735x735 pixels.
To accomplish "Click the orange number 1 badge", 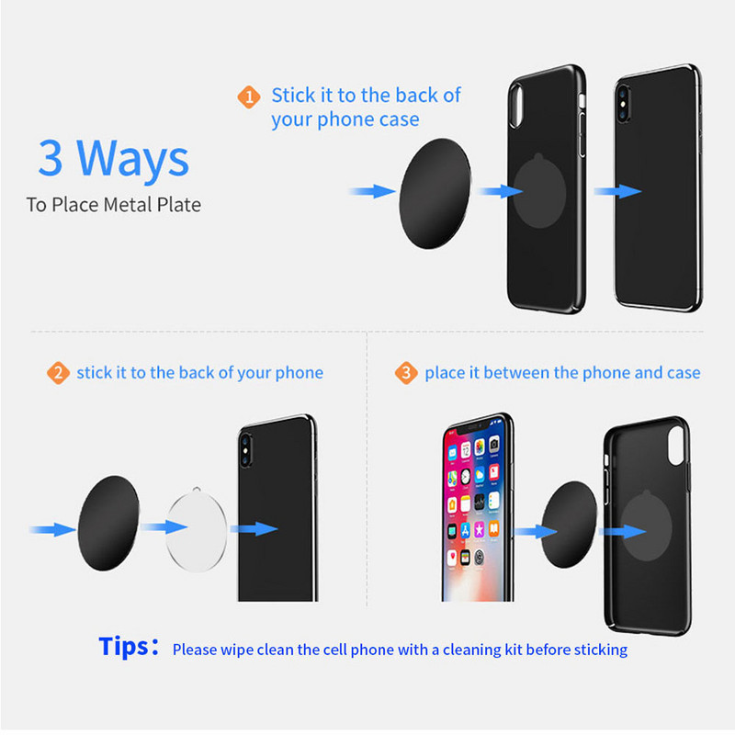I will click(248, 96).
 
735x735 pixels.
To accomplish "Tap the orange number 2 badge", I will click(58, 373).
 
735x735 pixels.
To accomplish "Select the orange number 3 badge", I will click(406, 373).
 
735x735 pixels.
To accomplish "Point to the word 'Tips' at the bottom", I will click(123, 647).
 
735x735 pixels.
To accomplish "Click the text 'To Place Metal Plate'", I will click(113, 204).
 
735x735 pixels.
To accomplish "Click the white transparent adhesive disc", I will click(196, 528).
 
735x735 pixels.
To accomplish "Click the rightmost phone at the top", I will click(657, 188).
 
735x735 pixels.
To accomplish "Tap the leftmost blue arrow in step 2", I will click(51, 529).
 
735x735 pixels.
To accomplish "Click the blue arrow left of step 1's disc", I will click(373, 191).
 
